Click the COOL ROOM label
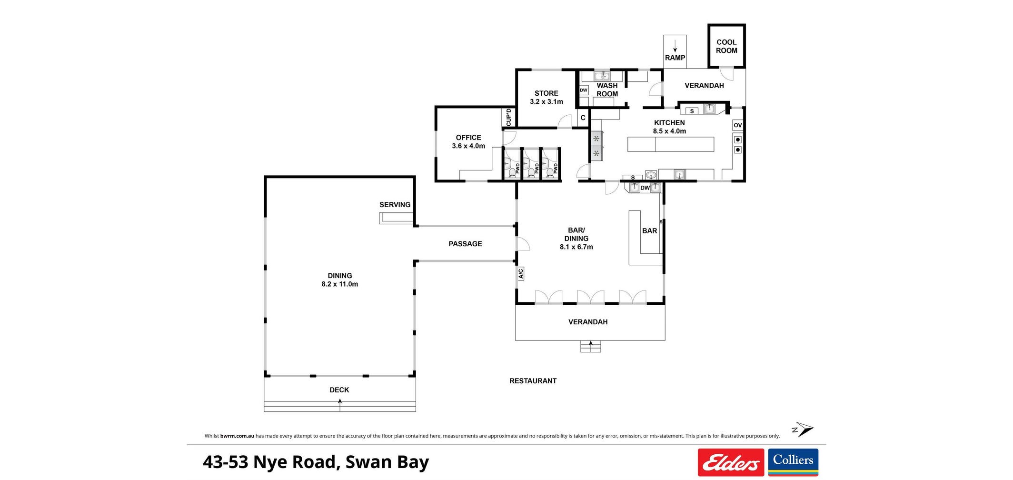(x=726, y=46)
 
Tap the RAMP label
(x=675, y=58)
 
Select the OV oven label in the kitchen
(x=738, y=125)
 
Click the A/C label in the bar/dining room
(x=520, y=273)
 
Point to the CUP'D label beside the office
(x=508, y=117)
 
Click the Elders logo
(x=731, y=462)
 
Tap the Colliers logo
(x=793, y=462)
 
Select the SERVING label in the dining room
(x=395, y=205)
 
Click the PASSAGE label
(x=465, y=244)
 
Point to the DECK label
(x=339, y=390)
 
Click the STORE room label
(x=546, y=93)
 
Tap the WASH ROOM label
(x=607, y=90)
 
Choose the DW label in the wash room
(x=584, y=90)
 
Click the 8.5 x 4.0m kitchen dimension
(x=669, y=131)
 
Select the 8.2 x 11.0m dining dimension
(x=340, y=284)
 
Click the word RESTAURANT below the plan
(x=533, y=381)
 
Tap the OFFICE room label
(x=468, y=138)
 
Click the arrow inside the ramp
(x=675, y=46)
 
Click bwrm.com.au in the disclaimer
(x=237, y=436)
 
